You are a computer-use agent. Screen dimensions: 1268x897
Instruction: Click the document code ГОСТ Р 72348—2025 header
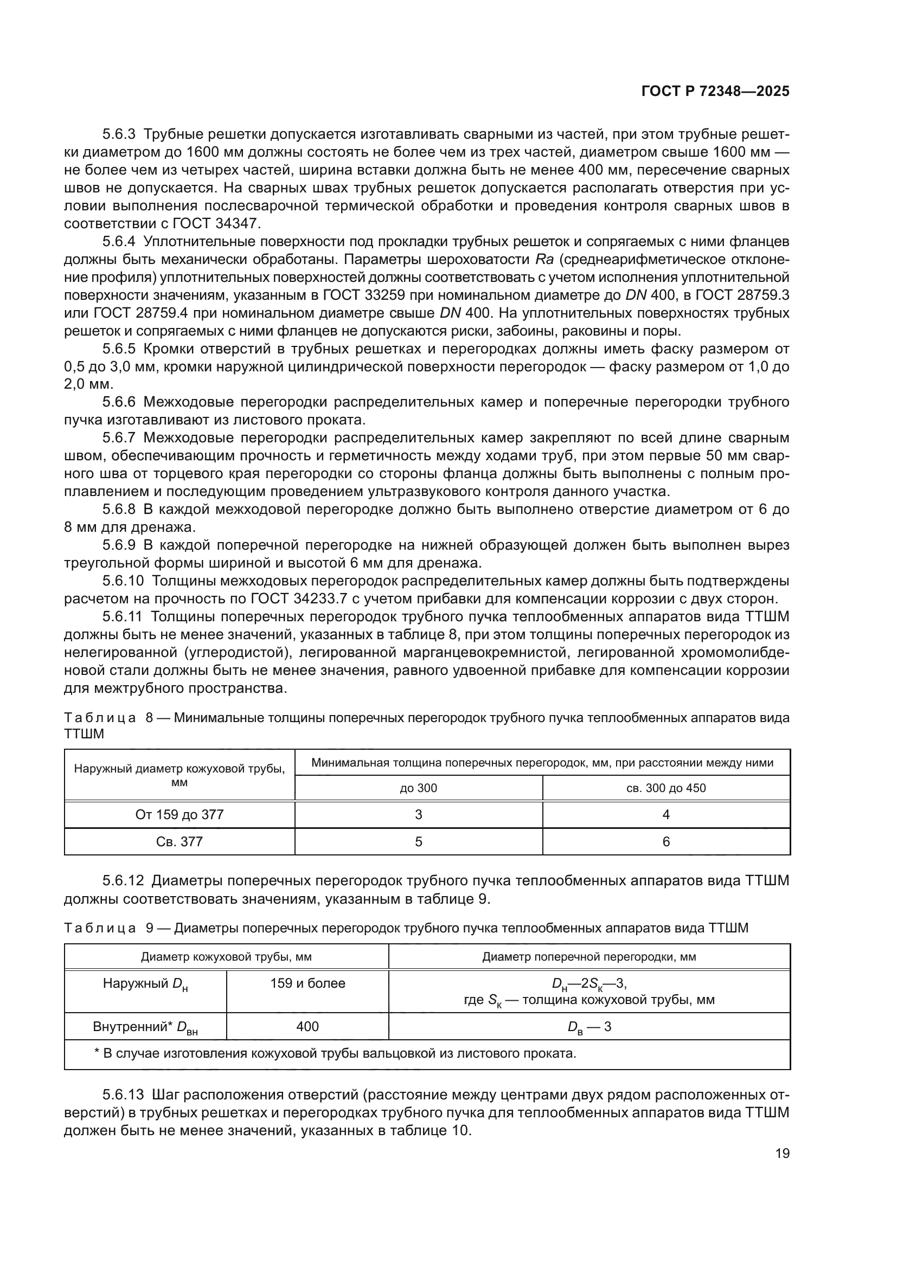715,92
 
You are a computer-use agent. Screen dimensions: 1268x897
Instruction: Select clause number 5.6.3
119,134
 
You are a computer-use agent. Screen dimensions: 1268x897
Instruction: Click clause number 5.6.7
119,438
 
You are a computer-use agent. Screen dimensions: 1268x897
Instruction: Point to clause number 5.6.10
123,581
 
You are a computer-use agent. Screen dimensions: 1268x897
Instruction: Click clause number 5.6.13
123,1095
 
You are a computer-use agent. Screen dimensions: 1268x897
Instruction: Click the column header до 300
418,788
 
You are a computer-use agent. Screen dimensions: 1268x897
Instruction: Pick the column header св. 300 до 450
665,788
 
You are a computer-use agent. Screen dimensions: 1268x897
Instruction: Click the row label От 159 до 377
180,815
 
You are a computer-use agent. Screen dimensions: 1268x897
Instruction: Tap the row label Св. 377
180,842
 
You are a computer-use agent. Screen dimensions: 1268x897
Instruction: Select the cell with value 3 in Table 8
418,815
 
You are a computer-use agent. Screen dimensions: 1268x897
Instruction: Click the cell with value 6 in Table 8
665,842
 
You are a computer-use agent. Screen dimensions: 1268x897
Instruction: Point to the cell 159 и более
307,983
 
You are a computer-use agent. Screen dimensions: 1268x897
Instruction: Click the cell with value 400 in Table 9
307,1026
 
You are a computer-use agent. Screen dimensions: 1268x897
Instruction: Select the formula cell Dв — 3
589,1027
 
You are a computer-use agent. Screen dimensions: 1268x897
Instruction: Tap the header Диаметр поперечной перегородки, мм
589,957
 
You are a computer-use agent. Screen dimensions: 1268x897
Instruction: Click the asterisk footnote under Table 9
336,1053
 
